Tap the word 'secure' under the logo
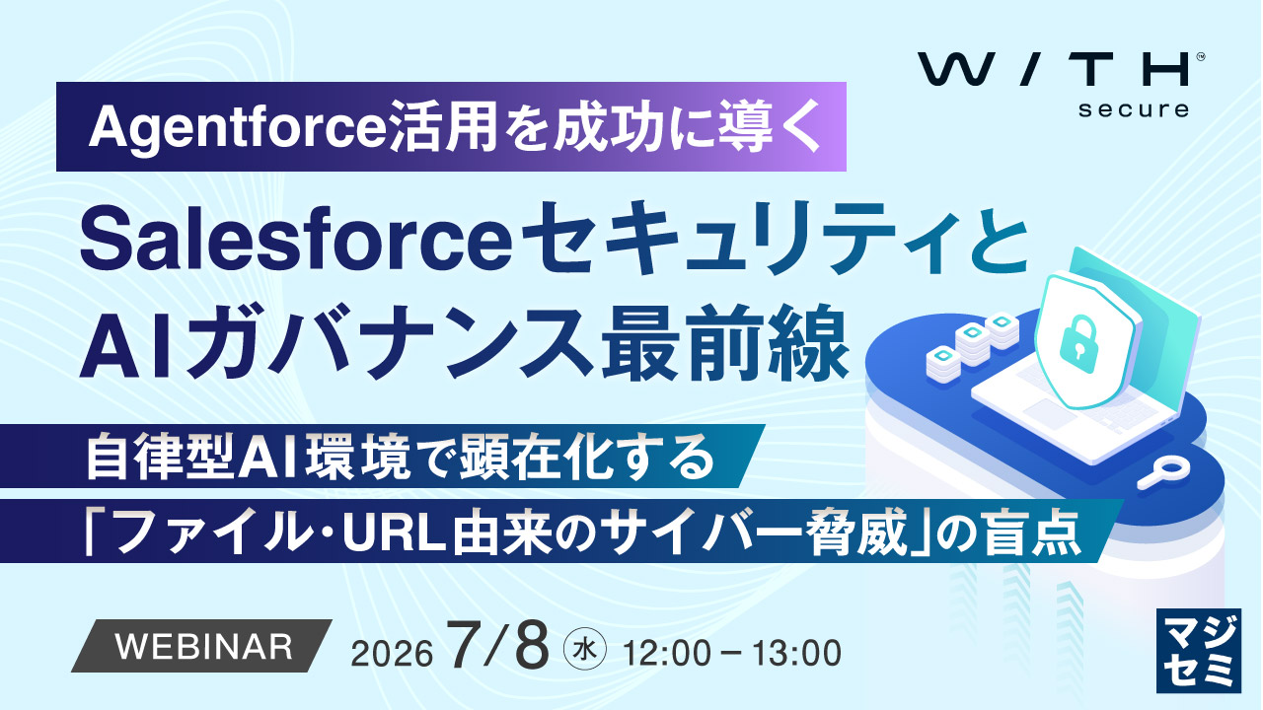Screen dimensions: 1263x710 [x=1134, y=108]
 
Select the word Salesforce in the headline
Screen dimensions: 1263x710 [x=297, y=241]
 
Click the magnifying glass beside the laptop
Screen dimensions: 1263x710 [x=1163, y=472]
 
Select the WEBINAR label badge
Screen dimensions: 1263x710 [x=201, y=646]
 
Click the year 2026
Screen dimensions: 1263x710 [x=392, y=654]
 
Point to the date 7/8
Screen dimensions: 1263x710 [x=498, y=645]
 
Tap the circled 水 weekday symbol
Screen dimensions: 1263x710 [x=585, y=650]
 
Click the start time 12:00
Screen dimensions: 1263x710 [x=666, y=653]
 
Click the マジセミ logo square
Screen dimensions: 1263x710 [x=1198, y=650]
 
